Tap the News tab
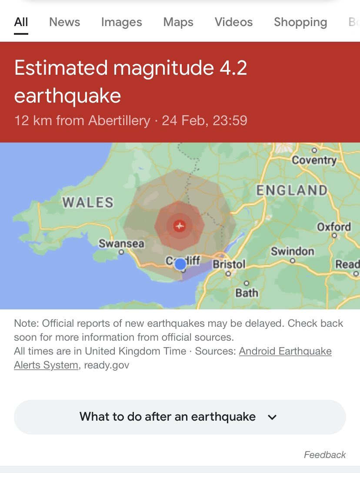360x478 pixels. click(65, 22)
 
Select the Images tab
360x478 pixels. click(121, 22)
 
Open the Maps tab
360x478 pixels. click(178, 22)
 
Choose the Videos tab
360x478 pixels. click(233, 22)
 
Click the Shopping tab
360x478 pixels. click(300, 22)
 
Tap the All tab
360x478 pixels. click(21, 22)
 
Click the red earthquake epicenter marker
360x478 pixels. click(180, 226)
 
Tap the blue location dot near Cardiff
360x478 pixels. click(180, 264)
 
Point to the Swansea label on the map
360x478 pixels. click(121, 243)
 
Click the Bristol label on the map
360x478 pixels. click(229, 264)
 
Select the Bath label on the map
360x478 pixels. click(247, 293)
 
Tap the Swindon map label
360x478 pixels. click(292, 252)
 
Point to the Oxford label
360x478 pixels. click(334, 227)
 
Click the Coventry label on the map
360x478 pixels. click(314, 160)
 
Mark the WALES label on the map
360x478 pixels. click(88, 202)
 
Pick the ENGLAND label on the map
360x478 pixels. click(291, 190)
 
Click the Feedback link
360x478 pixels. click(324, 455)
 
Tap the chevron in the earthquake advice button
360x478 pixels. click(272, 417)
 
